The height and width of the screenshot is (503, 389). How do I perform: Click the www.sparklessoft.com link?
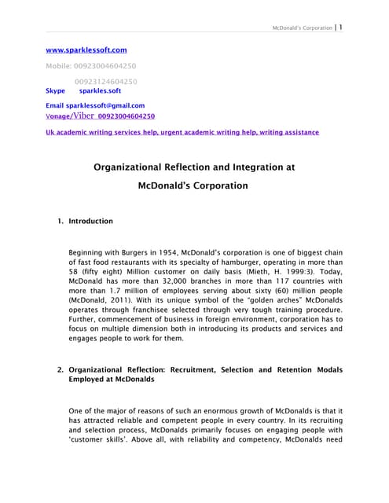(x=86, y=50)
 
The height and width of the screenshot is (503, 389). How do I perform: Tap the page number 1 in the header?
(x=340, y=27)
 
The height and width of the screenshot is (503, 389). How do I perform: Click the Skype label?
(x=56, y=91)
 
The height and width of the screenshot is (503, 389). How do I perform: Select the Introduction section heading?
(x=91, y=222)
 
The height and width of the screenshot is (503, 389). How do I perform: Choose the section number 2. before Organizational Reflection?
(x=61, y=369)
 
